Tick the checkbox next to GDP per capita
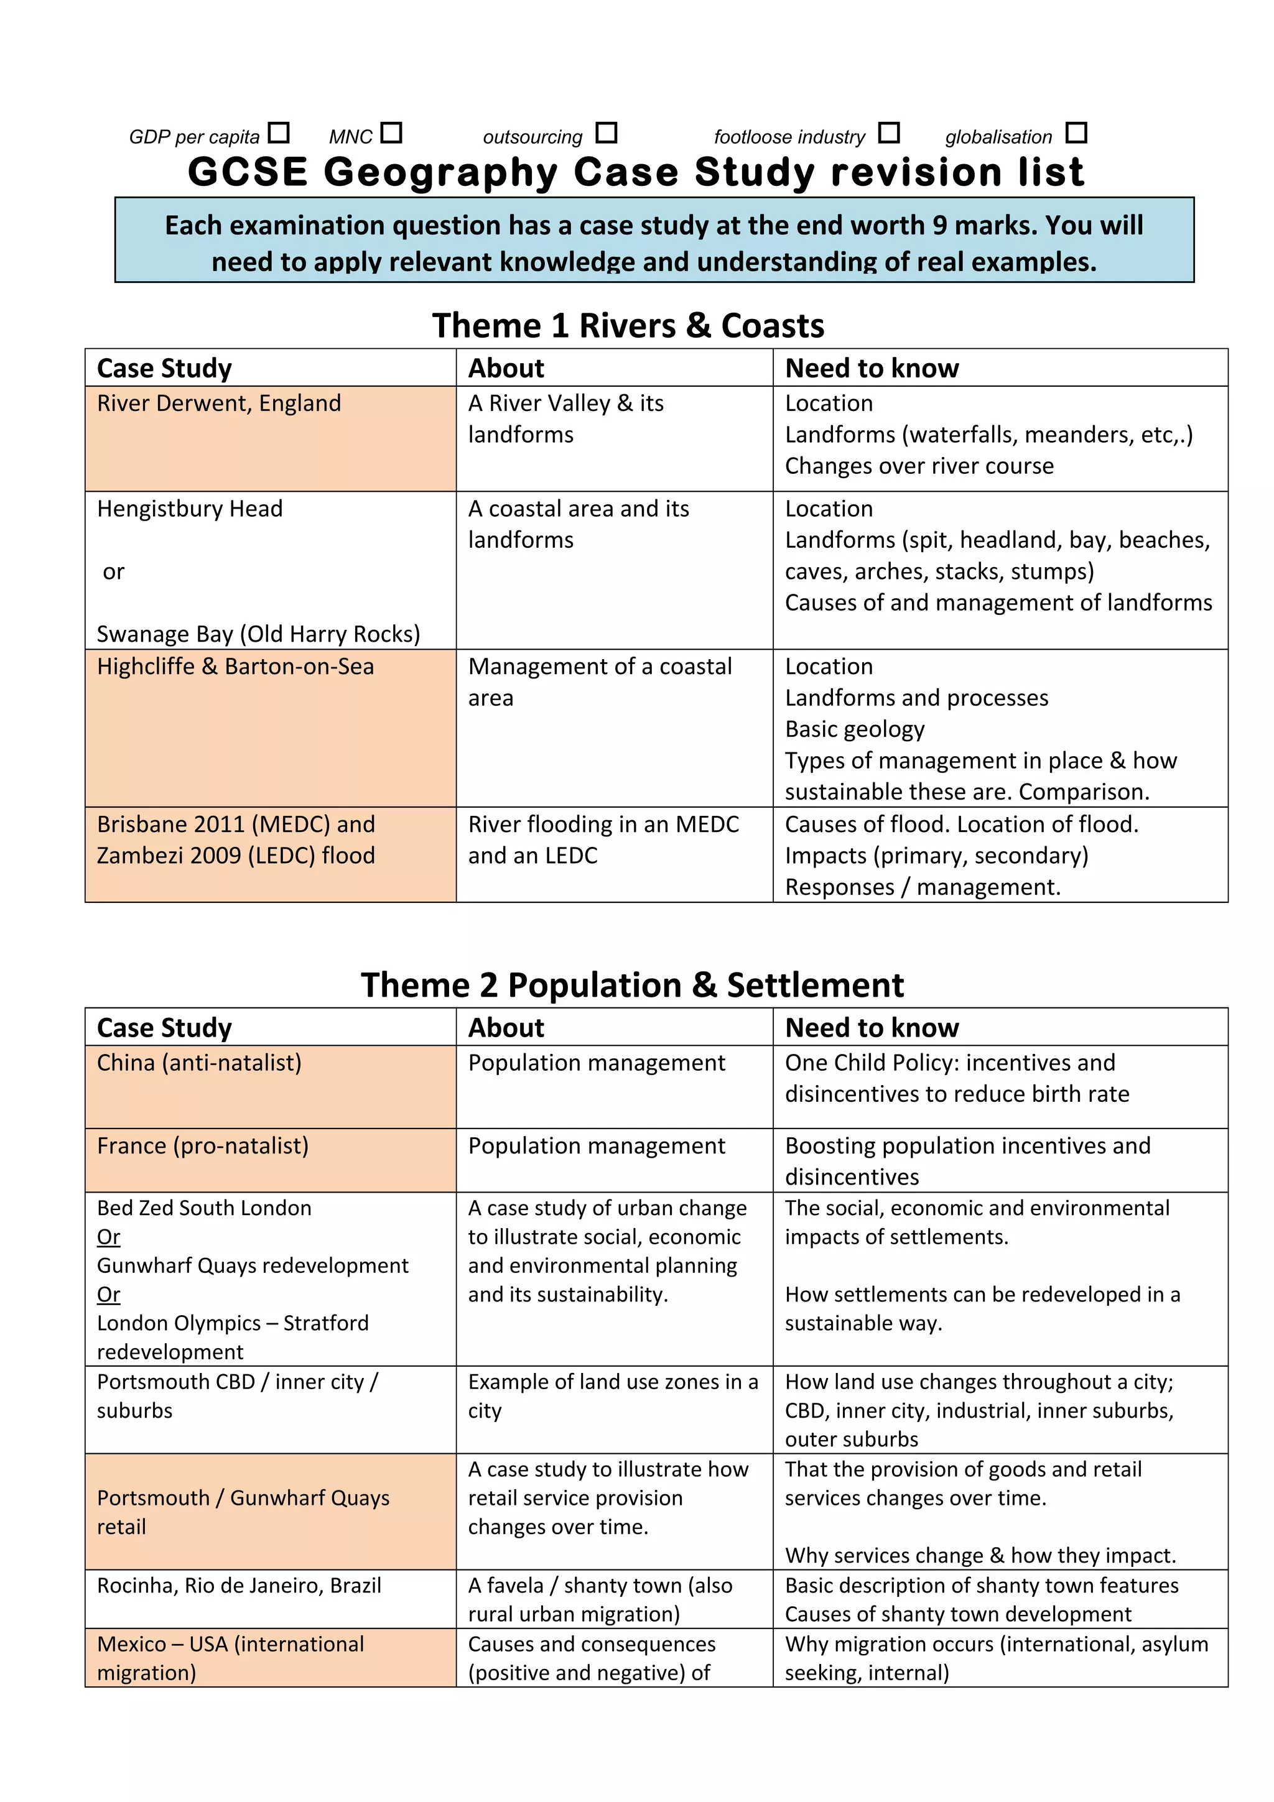[x=278, y=132]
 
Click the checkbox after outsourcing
[x=606, y=132]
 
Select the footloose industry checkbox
[x=888, y=132]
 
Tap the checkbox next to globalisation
[x=1076, y=132]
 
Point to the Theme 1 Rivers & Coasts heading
[x=628, y=325]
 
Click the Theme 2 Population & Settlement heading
[x=632, y=984]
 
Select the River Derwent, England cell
[x=219, y=404]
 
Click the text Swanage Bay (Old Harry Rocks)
[x=258, y=634]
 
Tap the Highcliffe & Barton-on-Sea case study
[x=236, y=667]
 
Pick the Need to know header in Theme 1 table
[x=872, y=368]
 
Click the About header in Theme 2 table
[x=506, y=1027]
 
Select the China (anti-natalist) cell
[x=200, y=1063]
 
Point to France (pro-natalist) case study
[x=203, y=1146]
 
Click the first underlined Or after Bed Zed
[x=108, y=1237]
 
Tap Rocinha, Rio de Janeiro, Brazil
[x=239, y=1586]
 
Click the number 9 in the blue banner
[x=939, y=225]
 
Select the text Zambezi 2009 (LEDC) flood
[x=236, y=856]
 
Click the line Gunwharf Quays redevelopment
[x=252, y=1265]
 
